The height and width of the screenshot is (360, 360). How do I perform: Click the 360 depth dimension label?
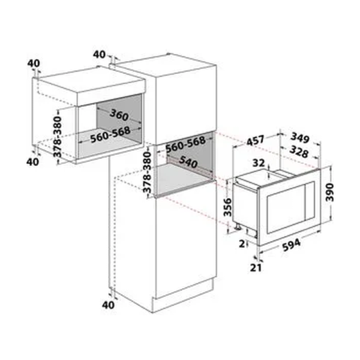pyautogui.click(x=119, y=115)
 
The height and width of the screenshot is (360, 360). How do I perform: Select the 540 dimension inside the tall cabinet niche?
pyautogui.click(x=188, y=162)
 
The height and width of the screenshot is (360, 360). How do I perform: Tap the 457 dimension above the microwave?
pyautogui.click(x=256, y=140)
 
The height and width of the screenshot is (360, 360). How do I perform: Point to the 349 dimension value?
pyautogui.click(x=300, y=137)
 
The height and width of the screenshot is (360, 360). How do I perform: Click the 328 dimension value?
pyautogui.click(x=298, y=152)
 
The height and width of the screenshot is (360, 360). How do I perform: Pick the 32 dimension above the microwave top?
pyautogui.click(x=259, y=163)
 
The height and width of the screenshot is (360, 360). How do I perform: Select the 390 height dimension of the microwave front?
pyautogui.click(x=329, y=192)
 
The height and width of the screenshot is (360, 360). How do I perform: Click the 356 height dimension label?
pyautogui.click(x=227, y=207)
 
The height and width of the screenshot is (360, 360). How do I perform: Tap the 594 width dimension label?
pyautogui.click(x=291, y=245)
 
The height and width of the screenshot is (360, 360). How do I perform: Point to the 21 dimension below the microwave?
pyautogui.click(x=256, y=268)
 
